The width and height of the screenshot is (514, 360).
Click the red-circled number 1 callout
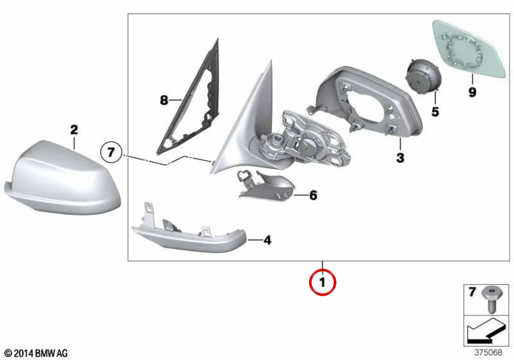323,282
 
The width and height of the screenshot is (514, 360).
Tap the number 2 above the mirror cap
74,130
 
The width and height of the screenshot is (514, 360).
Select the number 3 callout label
400,158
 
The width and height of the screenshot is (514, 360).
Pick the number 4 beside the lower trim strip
267,240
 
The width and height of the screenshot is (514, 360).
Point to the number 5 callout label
435,112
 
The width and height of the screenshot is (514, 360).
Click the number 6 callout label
313,195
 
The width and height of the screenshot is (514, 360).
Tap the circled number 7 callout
111,152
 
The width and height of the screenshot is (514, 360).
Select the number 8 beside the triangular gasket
164,100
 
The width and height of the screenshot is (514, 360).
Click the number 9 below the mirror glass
472,92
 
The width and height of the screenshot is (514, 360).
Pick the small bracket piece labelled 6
266,184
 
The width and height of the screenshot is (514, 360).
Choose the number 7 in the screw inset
472,292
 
